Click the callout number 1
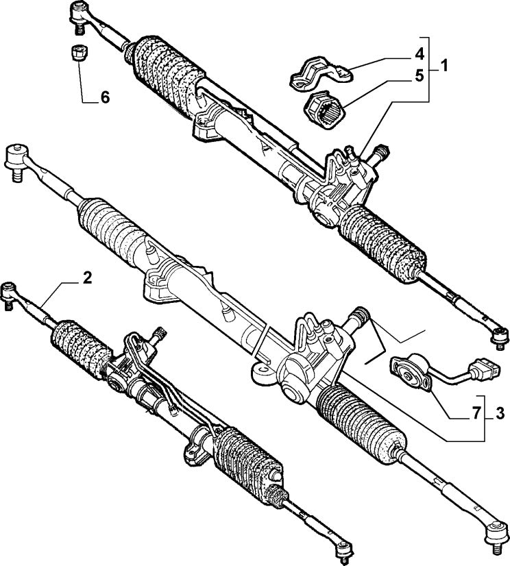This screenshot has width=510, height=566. point(444,66)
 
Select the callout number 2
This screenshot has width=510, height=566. point(87,278)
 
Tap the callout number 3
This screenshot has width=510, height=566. point(500,413)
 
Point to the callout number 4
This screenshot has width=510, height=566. point(419,54)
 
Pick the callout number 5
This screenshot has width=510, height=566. point(419,76)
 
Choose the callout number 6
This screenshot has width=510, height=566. point(105,97)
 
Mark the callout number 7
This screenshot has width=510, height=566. point(476,413)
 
